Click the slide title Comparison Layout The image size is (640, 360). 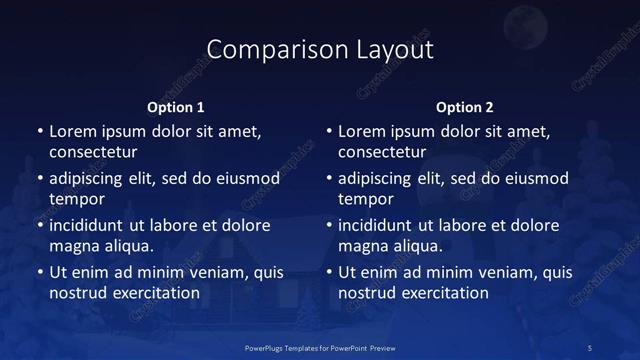(319, 49)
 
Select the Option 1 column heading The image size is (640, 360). (176, 107)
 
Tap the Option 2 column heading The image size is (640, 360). (465, 107)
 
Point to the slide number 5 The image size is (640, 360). (590, 347)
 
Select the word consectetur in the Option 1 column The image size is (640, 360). (93, 152)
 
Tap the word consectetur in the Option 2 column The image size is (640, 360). (382, 152)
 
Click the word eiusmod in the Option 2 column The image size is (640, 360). (533, 179)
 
